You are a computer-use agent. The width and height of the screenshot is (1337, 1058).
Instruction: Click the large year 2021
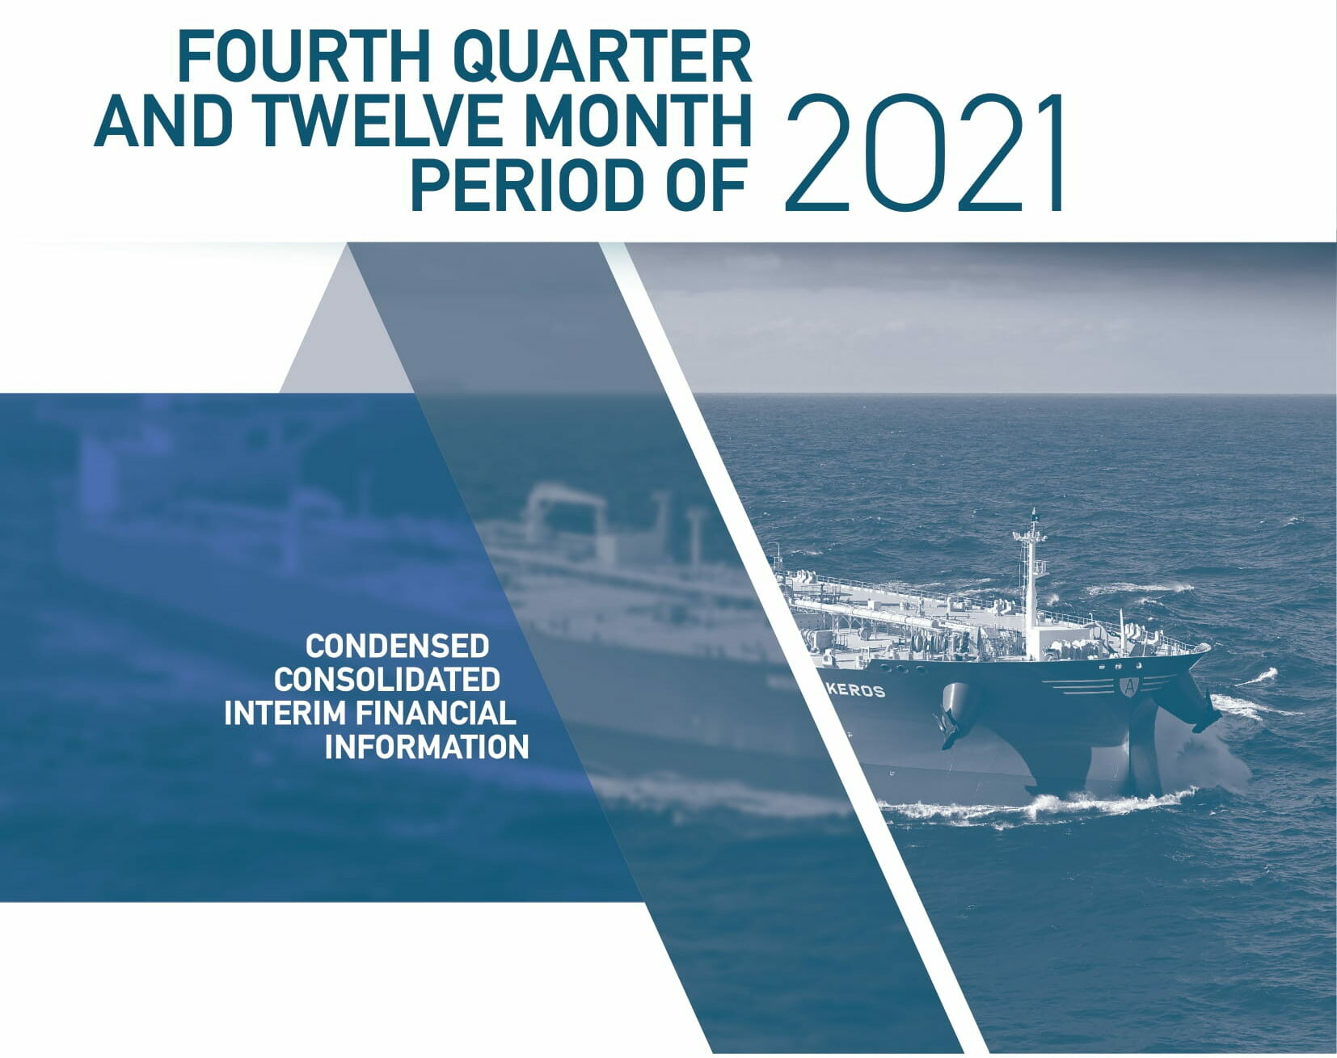[925, 154]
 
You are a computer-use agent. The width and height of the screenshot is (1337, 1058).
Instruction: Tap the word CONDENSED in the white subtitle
[397, 646]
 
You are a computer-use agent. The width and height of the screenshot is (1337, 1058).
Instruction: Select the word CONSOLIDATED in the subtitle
[386, 679]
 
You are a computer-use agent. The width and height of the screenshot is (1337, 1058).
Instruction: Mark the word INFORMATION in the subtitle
[427, 747]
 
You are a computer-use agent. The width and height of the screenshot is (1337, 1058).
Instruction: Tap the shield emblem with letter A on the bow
[1128, 686]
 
